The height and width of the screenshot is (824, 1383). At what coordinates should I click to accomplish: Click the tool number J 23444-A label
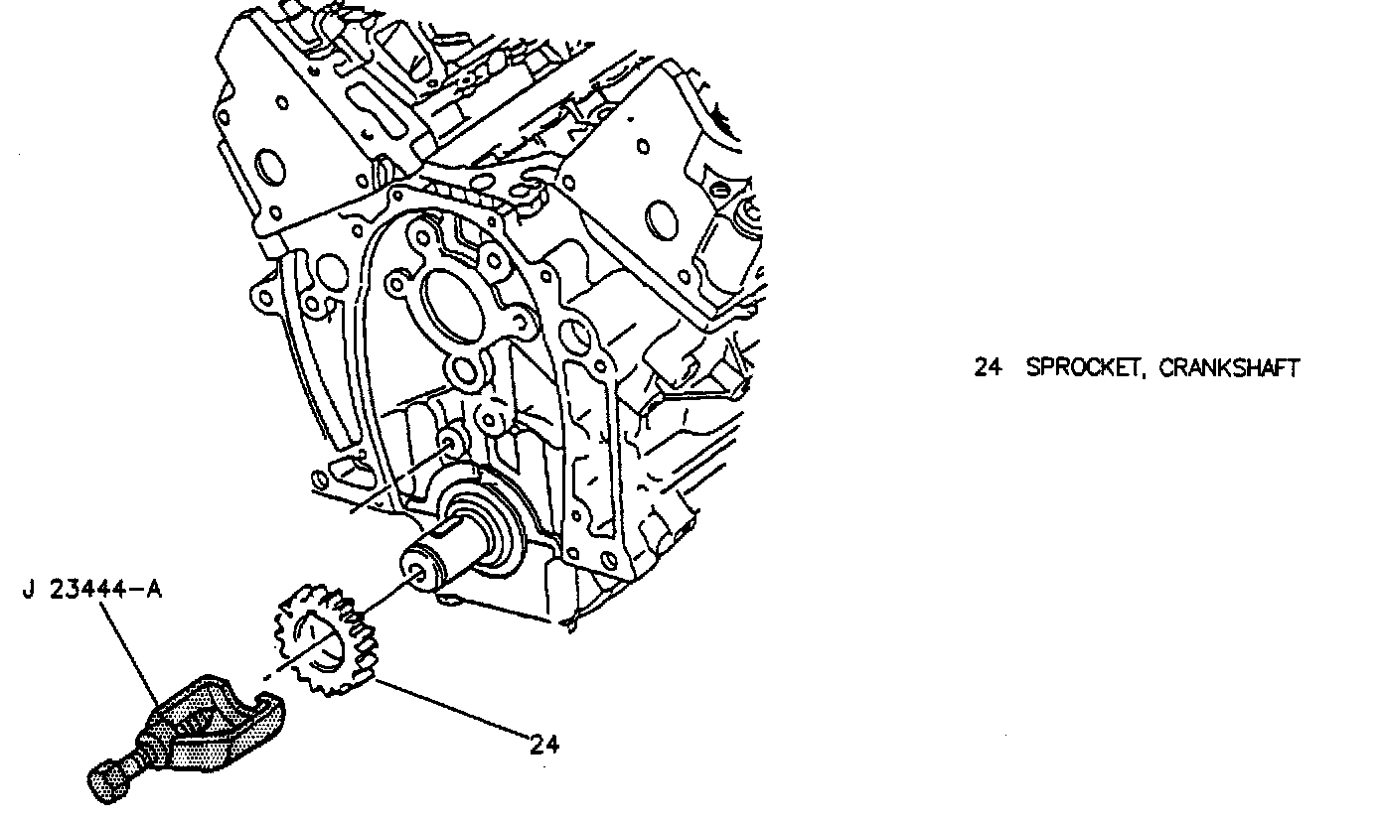point(91,590)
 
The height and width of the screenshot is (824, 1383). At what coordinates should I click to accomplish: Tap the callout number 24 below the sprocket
point(543,745)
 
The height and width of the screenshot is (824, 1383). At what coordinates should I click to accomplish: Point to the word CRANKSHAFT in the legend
point(1229,368)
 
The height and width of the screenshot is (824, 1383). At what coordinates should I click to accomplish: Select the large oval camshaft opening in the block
point(452,299)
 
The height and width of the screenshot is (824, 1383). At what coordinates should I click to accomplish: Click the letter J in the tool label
point(28,590)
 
